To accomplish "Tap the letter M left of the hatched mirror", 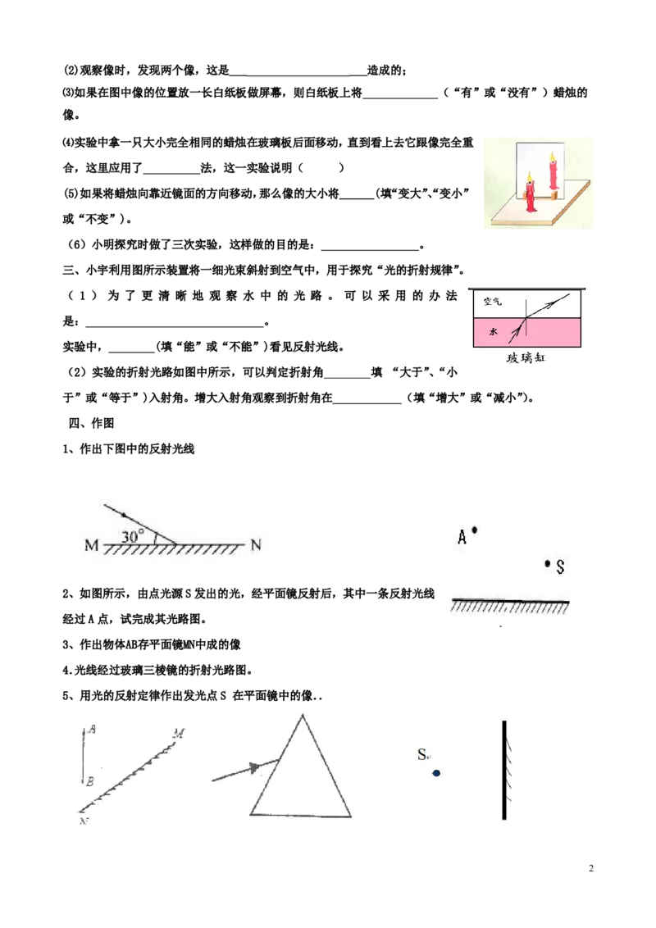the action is (92, 544).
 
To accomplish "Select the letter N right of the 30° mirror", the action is (256, 544).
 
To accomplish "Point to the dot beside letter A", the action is (474, 530).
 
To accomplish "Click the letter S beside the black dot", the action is (560, 567).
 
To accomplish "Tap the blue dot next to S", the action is (436, 773).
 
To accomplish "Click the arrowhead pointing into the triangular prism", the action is (255, 768).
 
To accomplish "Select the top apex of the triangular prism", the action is (303, 715).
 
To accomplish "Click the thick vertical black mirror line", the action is (503, 770).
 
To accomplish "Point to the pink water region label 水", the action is (493, 332).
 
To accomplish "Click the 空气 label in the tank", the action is (492, 301).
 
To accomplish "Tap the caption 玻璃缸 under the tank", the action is (526, 357).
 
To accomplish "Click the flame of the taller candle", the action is (553, 157).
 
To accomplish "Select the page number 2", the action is (591, 868).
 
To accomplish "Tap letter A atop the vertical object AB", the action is (92, 730).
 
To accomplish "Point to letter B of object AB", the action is (89, 782).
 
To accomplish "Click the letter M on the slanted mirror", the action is (179, 734).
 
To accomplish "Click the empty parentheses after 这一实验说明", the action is (321, 168).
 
